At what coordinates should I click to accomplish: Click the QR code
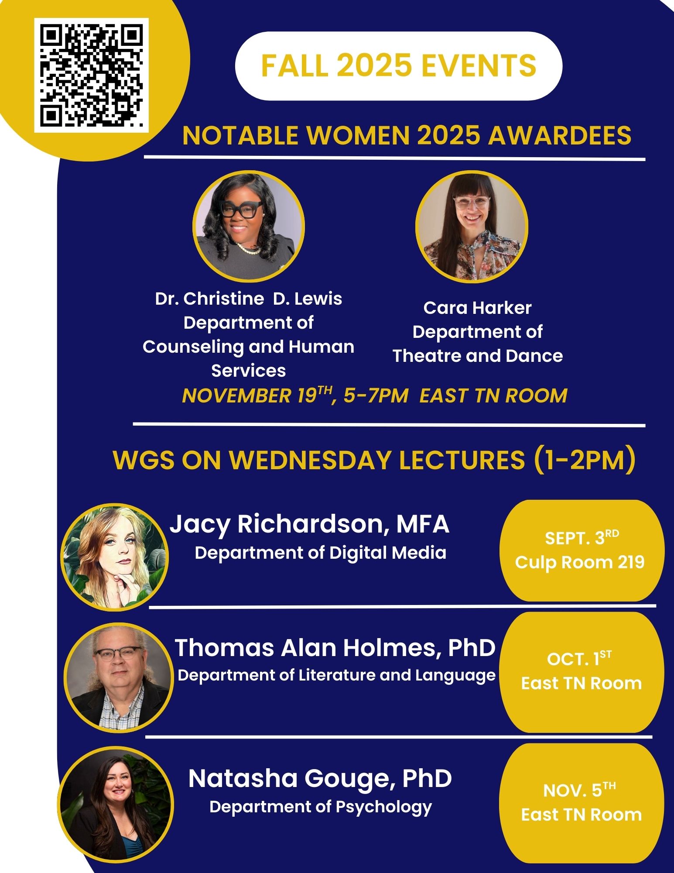92,75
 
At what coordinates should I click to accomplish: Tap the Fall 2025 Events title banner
398,66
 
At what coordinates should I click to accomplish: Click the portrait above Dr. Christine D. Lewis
249,226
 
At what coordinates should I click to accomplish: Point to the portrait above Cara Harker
472,226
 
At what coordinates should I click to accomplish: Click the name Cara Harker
477,308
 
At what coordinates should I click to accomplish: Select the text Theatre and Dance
478,355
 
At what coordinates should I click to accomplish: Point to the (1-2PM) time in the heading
584,460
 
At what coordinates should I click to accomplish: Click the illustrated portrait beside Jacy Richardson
115,557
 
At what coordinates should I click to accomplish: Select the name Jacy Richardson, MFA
309,524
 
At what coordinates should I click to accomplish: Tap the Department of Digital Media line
321,553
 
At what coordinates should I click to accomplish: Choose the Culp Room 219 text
580,562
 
